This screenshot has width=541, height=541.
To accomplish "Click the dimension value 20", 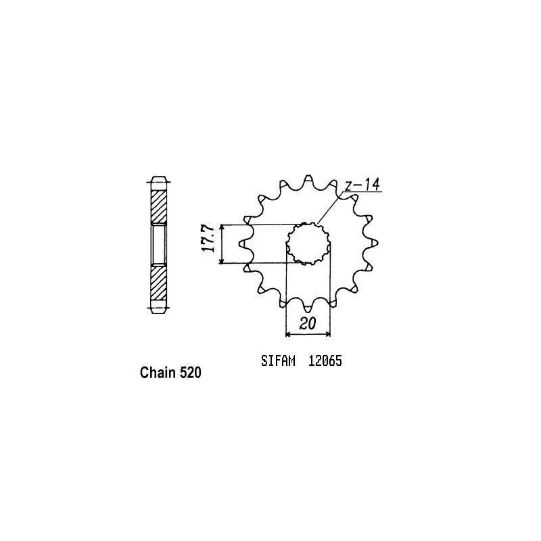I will (308, 323).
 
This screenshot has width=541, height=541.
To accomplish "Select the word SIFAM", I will (277, 361).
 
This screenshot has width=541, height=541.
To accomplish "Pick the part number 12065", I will (325, 361).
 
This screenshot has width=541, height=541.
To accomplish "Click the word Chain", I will (158, 373).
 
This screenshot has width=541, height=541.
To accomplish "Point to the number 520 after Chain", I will (190, 373).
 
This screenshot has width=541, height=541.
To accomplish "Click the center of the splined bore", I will (308, 244).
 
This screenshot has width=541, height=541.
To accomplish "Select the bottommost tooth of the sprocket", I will (308, 310).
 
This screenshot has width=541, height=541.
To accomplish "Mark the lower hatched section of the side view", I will (158, 283).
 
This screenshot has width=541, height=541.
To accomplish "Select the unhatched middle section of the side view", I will (158, 245).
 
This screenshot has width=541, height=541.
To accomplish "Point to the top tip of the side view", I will (158, 179).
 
